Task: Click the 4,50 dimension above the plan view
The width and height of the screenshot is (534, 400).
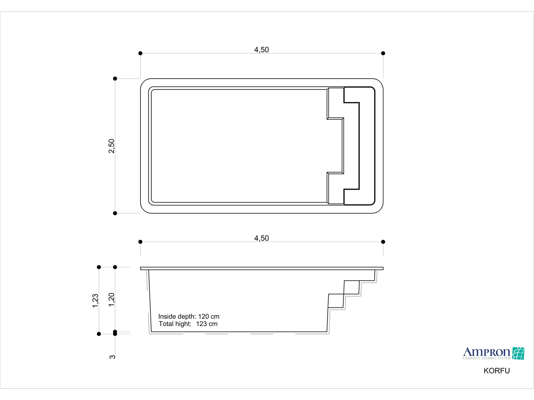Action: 261,50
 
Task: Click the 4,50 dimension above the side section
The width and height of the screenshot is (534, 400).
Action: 261,238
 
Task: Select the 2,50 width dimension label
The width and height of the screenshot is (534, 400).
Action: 112,146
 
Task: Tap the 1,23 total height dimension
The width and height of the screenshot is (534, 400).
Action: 95,301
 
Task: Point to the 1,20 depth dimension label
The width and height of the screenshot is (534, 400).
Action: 112,300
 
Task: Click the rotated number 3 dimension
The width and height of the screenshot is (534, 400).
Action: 112,357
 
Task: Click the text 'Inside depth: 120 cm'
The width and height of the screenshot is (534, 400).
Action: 189,316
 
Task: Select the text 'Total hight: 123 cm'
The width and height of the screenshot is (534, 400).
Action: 188,324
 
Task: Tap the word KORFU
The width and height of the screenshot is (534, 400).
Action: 496,371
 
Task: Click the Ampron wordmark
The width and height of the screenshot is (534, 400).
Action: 486,352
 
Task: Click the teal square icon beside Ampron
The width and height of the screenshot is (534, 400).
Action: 518,353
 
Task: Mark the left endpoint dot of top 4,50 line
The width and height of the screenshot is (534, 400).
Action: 140,53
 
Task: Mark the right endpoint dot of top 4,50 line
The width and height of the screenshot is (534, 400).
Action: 383,53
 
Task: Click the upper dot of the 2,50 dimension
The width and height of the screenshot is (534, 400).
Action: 115,79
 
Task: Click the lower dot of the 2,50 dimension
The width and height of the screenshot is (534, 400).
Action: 115,213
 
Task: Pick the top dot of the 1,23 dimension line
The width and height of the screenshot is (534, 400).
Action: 99,267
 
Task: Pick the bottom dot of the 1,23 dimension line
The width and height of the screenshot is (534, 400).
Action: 99,334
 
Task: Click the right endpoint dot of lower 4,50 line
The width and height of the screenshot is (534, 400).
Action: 383,242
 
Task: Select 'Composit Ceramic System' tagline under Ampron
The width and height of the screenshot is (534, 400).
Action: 486,358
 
